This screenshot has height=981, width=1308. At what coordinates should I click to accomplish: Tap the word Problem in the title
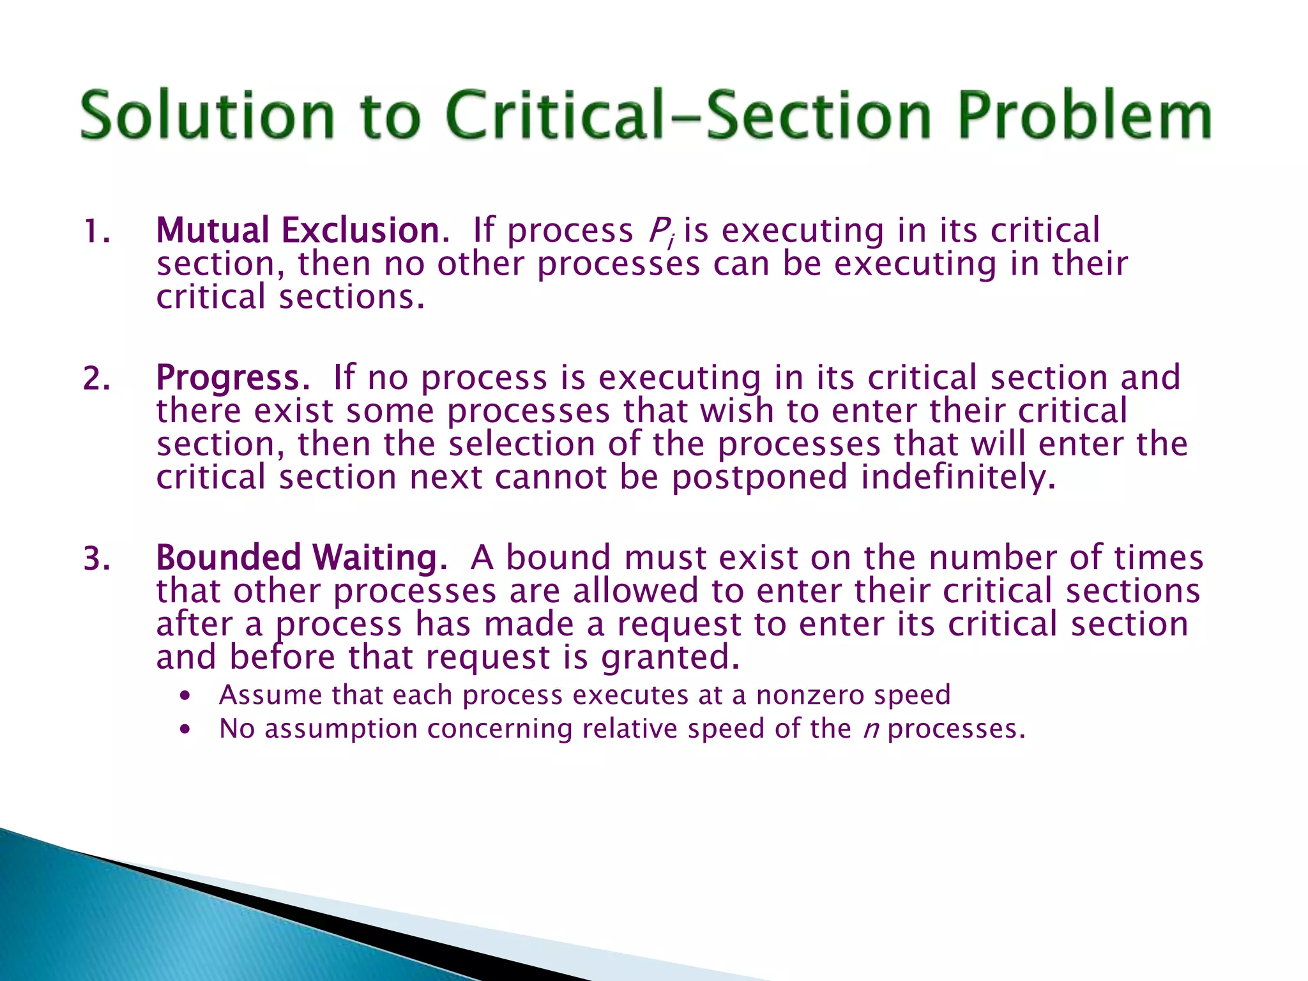click(x=1084, y=116)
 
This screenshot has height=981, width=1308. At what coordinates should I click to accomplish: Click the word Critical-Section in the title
click(x=688, y=116)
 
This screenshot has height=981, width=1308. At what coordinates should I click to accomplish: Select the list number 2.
click(x=96, y=379)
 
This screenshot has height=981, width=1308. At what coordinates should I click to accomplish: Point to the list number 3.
click(x=96, y=559)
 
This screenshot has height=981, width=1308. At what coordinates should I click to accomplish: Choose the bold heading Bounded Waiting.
click(x=301, y=558)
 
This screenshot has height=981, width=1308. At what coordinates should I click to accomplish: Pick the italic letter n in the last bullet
click(x=871, y=729)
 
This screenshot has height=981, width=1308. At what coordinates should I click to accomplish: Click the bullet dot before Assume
click(x=185, y=696)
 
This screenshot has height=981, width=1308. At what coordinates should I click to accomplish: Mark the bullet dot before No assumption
click(x=185, y=729)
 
